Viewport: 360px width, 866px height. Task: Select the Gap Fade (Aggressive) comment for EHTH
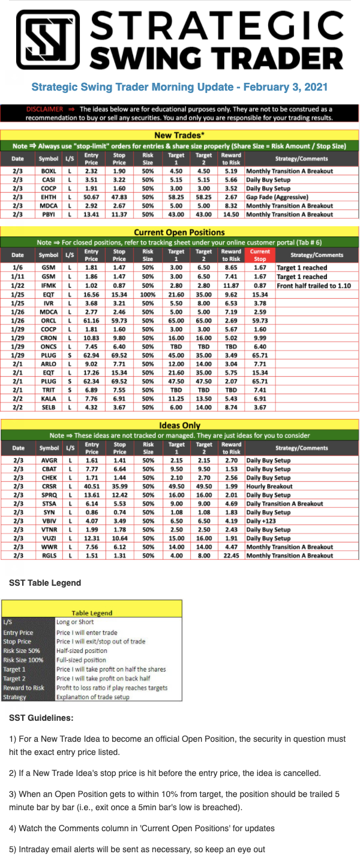pyautogui.click(x=275, y=197)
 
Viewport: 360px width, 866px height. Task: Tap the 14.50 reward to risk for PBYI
pyautogui.click(x=231, y=214)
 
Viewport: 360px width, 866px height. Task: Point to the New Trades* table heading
pyautogui.click(x=179, y=136)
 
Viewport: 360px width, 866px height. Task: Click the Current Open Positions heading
pyautogui.click(x=179, y=232)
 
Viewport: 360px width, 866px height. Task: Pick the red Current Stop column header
pyautogui.click(x=260, y=255)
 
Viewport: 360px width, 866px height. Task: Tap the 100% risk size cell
pyautogui.click(x=148, y=295)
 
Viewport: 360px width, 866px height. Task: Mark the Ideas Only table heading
pyautogui.click(x=179, y=425)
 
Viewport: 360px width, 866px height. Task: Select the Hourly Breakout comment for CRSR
pyautogui.click(x=269, y=487)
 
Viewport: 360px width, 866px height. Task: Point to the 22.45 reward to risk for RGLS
pyautogui.click(x=231, y=555)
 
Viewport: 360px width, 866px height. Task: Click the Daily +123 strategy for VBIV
pyautogui.click(x=262, y=521)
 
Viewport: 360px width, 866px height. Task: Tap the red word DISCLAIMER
pyautogui.click(x=45, y=109)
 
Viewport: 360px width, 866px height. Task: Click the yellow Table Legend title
pyautogui.click(x=92, y=613)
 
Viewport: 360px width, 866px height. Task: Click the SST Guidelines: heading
pyautogui.click(x=41, y=718)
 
